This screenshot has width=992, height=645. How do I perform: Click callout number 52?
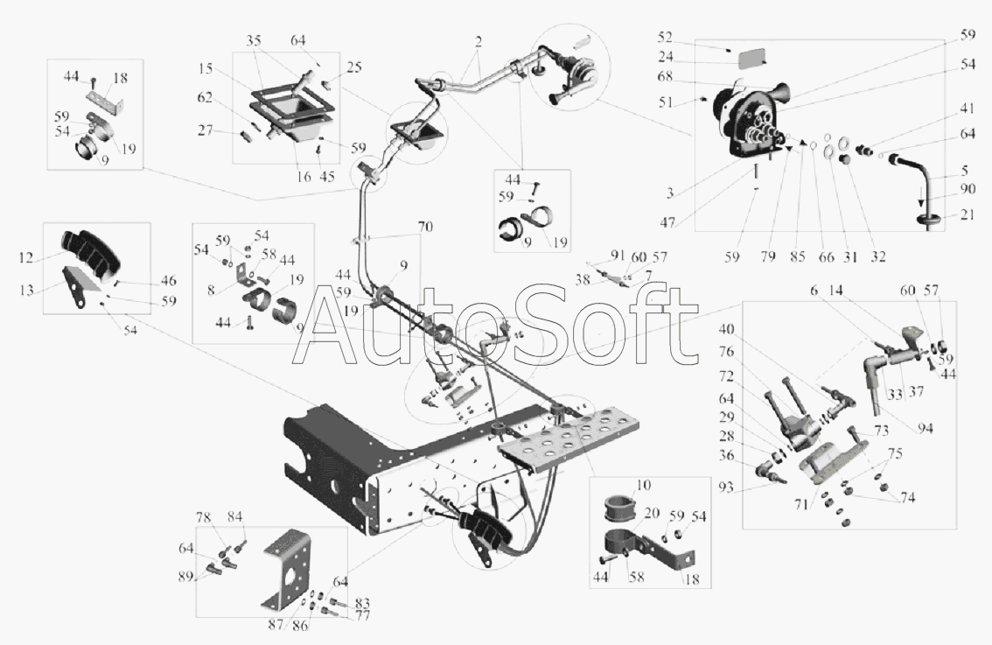[664, 38]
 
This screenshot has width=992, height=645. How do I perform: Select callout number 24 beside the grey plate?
[665, 57]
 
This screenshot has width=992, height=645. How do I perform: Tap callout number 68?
[665, 77]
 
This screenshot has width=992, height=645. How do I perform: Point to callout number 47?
[667, 222]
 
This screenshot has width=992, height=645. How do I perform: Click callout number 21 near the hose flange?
[968, 215]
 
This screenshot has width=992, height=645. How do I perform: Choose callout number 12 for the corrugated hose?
[26, 257]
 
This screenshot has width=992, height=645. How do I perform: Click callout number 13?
[26, 291]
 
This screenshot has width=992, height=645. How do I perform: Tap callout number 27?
[205, 130]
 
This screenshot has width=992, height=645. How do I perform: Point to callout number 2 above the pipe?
[479, 42]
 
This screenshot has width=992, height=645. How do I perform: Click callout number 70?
[425, 227]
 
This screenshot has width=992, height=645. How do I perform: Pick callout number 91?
[618, 256]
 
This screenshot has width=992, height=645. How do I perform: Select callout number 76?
[726, 352]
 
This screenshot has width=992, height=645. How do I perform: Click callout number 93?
[726, 488]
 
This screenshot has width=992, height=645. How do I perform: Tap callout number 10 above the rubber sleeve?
[643, 486]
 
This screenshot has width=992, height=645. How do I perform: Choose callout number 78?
[203, 518]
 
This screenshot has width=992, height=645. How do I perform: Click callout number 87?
[276, 625]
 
